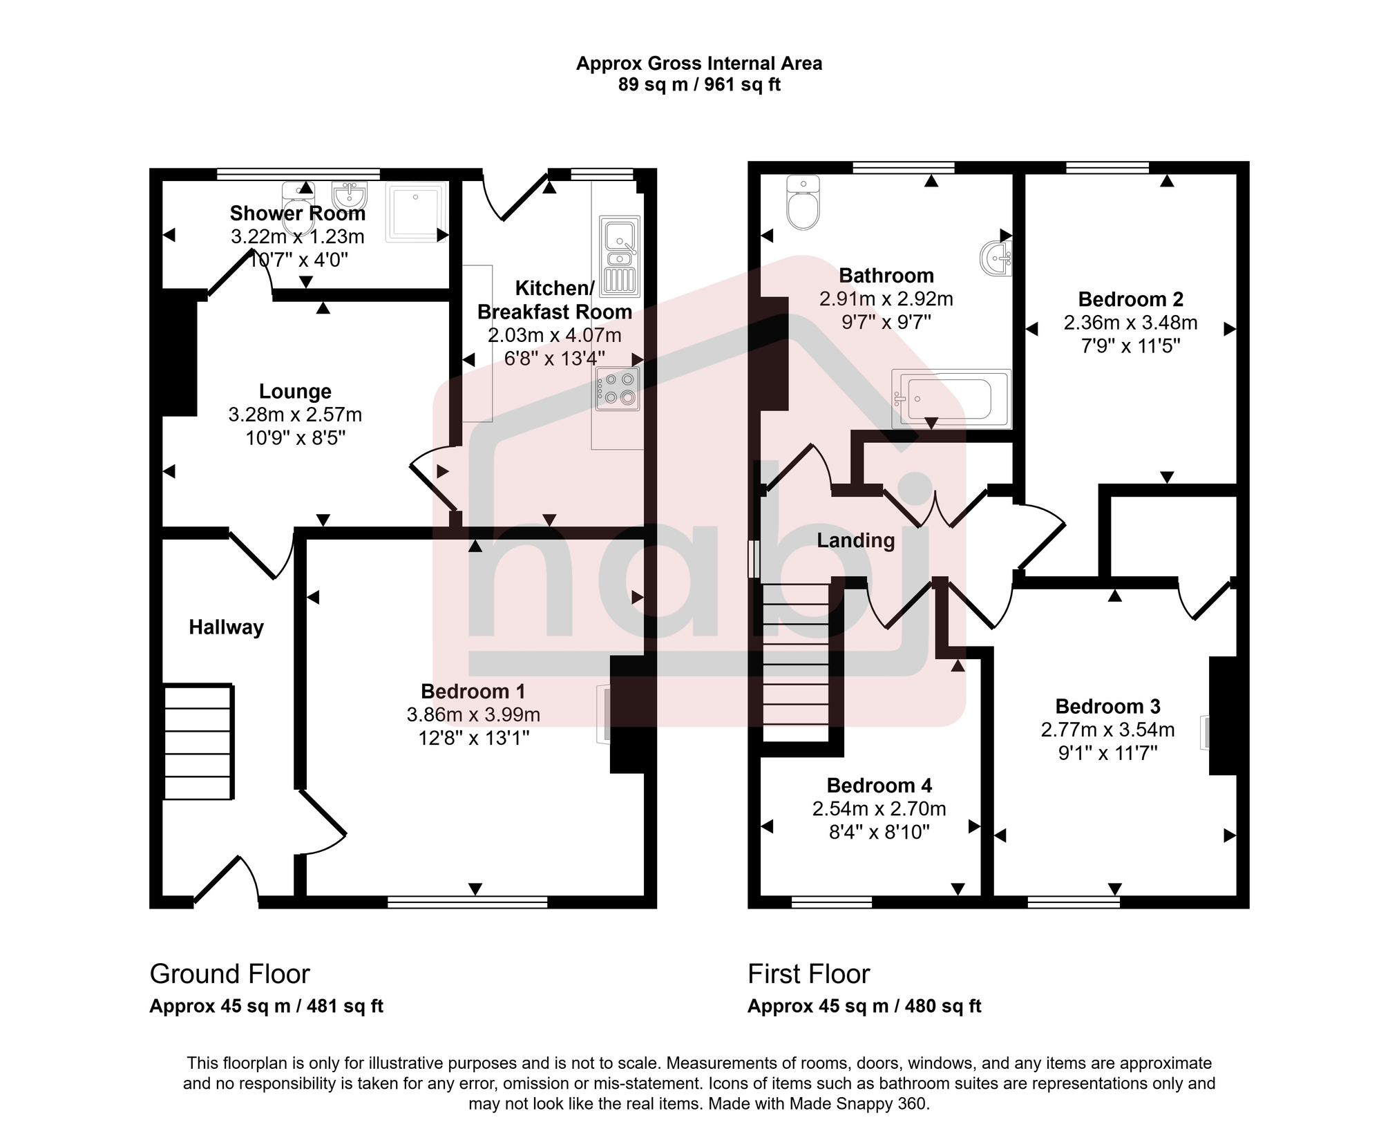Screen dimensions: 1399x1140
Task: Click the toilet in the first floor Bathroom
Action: tap(803, 204)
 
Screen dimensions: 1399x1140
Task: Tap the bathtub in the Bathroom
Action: tap(951, 399)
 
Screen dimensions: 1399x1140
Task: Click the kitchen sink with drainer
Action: tap(620, 256)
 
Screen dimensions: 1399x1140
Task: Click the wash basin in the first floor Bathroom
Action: tap(996, 258)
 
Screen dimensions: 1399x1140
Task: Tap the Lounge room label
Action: tap(295, 391)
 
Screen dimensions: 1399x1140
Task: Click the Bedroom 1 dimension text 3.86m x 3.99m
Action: tap(473, 714)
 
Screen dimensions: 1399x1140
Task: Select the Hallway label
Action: tap(226, 627)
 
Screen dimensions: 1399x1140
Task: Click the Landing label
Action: tap(855, 540)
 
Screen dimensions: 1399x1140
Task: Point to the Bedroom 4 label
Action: tap(879, 786)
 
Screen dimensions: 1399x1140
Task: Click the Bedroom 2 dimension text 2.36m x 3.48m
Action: tap(1130, 323)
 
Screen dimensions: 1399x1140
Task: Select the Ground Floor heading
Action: tap(229, 974)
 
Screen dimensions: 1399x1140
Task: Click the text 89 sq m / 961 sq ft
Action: tap(699, 85)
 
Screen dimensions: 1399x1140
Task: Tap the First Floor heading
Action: tap(808, 974)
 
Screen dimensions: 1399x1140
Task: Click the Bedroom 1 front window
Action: tap(467, 902)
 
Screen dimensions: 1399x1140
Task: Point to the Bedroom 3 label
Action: tap(1107, 706)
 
